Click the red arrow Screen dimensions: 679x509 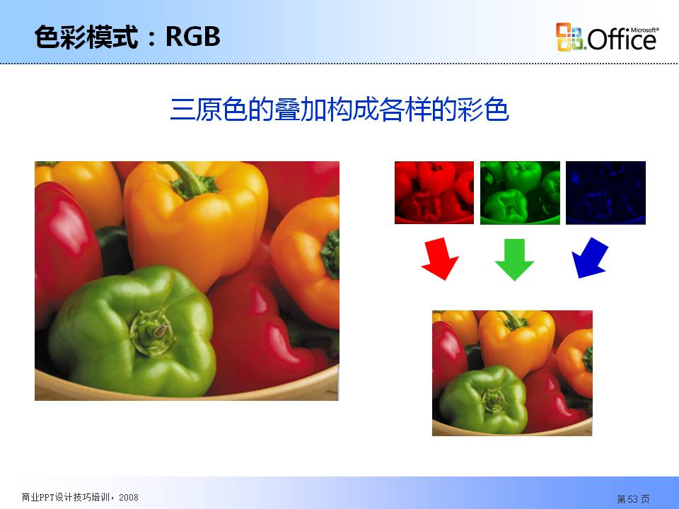439,259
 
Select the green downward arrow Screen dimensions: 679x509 514,259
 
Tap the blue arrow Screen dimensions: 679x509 589,258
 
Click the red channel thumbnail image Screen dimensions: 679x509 434,192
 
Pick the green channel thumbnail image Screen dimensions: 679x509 520,192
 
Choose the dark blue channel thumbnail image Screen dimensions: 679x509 606,192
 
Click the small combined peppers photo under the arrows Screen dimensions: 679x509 512,373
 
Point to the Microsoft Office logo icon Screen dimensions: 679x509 569,37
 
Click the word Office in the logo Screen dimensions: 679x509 622,40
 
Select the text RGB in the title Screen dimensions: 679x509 193,36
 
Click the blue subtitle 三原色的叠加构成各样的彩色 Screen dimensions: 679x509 339,110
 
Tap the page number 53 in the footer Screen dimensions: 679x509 633,499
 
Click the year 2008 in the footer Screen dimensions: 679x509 129,497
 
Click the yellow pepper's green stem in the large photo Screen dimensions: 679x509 190,179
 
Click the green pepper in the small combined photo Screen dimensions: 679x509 483,399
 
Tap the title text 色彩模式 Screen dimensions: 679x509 86,36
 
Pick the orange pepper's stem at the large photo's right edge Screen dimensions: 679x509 331,254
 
